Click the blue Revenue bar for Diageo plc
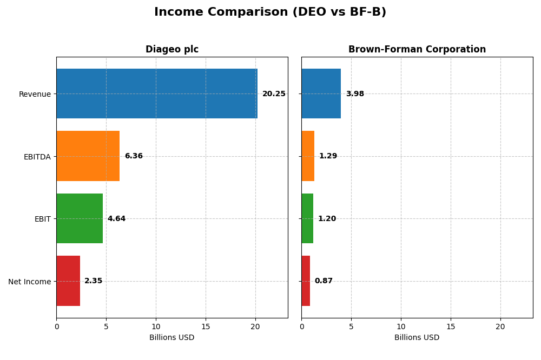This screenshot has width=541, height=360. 157,94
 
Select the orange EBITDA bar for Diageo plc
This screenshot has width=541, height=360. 88,156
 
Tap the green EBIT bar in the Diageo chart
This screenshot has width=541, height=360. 80,218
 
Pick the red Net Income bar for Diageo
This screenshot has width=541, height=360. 68,281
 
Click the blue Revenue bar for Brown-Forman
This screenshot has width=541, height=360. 321,94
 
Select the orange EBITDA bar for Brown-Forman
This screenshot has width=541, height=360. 308,156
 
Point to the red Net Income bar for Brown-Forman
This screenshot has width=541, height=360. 306,281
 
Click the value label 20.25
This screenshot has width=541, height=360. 274,94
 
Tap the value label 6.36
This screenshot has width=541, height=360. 134,156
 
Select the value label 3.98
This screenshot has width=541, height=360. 355,94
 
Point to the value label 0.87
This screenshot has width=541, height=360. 324,281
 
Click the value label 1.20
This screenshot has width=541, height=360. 327,219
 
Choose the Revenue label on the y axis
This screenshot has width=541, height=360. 35,95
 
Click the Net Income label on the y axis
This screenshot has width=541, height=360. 29,282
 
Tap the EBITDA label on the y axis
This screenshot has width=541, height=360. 37,157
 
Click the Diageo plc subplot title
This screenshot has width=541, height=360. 172,50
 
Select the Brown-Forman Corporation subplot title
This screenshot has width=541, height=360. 417,50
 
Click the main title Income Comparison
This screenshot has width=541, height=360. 270,12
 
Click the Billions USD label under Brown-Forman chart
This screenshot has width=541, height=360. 417,338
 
